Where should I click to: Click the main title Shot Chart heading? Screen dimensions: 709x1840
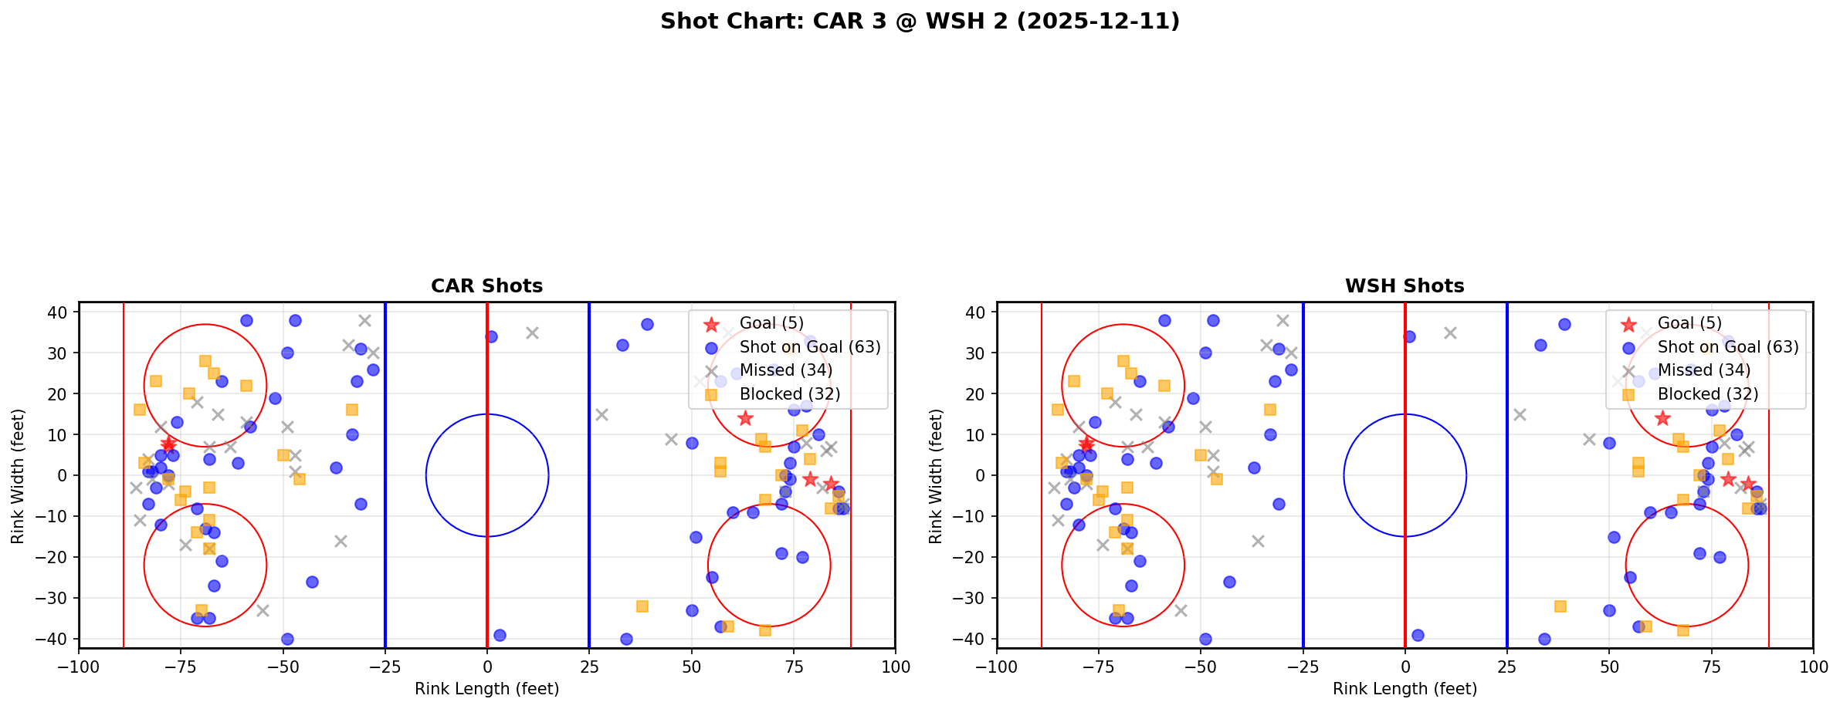[x=920, y=22]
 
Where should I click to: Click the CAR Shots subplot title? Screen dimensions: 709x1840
[x=486, y=286]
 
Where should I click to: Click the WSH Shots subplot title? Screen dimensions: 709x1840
[x=1405, y=286]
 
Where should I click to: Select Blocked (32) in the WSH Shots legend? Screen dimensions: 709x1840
[x=1708, y=394]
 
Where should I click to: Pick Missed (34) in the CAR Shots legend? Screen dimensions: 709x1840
[x=785, y=370]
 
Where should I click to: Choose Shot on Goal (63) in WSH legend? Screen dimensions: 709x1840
[x=1728, y=347]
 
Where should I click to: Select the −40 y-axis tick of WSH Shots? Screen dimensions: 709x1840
[x=974, y=639]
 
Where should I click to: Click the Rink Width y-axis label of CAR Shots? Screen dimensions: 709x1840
[x=18, y=475]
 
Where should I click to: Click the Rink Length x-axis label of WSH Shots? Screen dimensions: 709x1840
[x=1405, y=689]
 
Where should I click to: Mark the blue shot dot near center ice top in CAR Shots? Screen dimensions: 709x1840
[x=491, y=336]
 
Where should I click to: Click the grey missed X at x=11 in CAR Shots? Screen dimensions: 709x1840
[x=532, y=333]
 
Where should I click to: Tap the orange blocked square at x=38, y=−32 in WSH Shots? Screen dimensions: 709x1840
[x=1560, y=606]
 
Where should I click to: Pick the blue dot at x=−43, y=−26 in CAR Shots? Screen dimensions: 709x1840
[x=312, y=582]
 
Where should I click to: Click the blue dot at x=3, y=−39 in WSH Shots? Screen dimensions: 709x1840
[x=1418, y=635]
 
